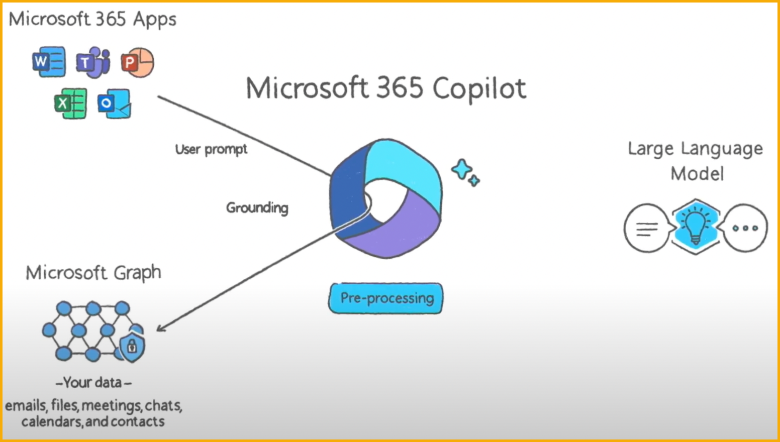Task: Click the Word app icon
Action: (x=49, y=62)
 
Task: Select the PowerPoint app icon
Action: (x=138, y=62)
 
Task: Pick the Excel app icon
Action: (x=71, y=103)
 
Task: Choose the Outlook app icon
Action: (x=115, y=103)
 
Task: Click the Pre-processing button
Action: (x=386, y=298)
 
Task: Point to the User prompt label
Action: (x=211, y=149)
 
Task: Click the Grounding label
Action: (x=257, y=208)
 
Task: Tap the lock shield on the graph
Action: (x=132, y=347)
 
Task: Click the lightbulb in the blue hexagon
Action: (x=696, y=226)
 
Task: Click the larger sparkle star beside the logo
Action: (x=462, y=169)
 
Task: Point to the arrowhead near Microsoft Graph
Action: (x=160, y=327)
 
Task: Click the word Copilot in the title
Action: (x=479, y=89)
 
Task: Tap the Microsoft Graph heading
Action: (x=93, y=273)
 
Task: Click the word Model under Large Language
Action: (x=697, y=174)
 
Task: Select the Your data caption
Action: (x=93, y=383)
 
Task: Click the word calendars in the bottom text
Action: (x=52, y=422)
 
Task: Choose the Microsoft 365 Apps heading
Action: (x=92, y=19)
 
